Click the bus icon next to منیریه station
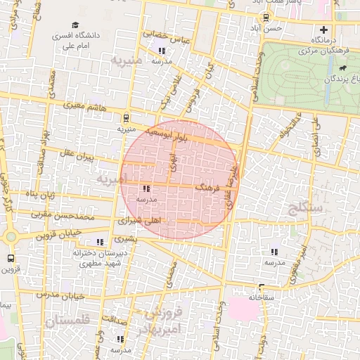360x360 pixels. pyautogui.click(x=126, y=118)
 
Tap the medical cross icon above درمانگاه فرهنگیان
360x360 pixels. pyautogui.click(x=323, y=30)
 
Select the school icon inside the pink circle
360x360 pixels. pyautogui.click(x=146, y=189)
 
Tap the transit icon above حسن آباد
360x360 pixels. pyautogui.click(x=265, y=18)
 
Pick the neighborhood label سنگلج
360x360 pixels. pyautogui.click(x=303, y=207)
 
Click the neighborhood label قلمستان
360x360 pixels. pyautogui.click(x=68, y=321)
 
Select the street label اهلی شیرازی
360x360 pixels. pyautogui.click(x=141, y=220)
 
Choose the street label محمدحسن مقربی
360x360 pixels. pyautogui.click(x=59, y=212)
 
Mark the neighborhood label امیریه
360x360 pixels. pyautogui.click(x=111, y=180)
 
